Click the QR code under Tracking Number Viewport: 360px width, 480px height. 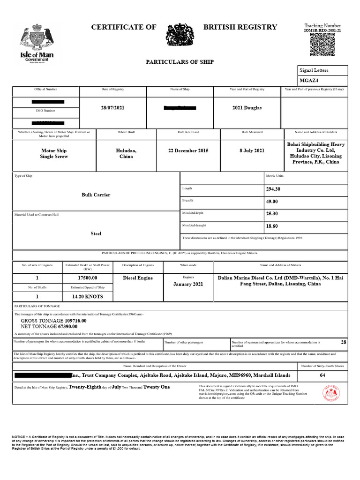[x=322, y=45]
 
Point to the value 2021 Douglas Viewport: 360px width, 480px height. [x=247, y=108]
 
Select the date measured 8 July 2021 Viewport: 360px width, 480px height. [x=253, y=151]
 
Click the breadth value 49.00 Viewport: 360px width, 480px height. [x=272, y=202]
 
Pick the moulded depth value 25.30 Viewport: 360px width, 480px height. [x=272, y=214]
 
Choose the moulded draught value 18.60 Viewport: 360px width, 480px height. [x=272, y=226]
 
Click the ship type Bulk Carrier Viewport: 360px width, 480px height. [x=96, y=195]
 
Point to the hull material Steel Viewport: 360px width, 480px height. [x=96, y=233]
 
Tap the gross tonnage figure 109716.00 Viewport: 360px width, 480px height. [x=66, y=320]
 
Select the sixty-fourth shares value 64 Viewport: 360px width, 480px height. [x=322, y=375]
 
